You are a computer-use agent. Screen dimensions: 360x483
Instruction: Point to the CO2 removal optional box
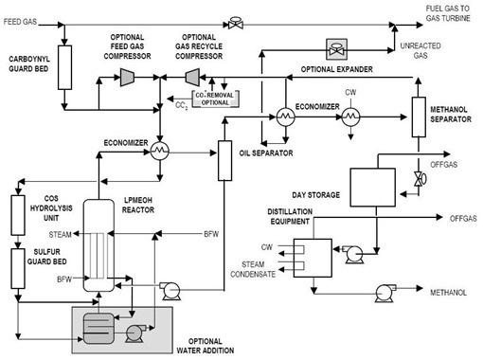203,96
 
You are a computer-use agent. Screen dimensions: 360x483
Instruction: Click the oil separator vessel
225,160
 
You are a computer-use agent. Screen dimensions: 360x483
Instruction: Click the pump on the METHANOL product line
385,291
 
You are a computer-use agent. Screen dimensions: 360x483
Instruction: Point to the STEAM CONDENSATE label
258,270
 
